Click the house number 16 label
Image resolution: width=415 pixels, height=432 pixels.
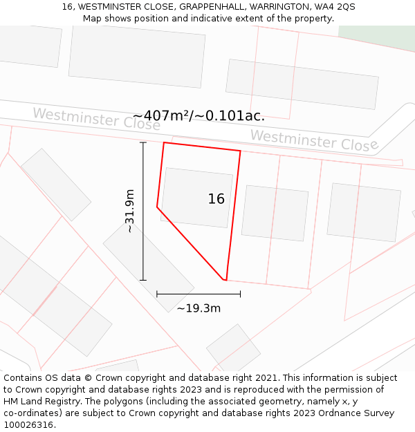(x=216, y=199)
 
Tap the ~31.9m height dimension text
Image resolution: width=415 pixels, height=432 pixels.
(x=129, y=211)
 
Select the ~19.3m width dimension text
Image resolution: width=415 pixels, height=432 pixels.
(x=199, y=308)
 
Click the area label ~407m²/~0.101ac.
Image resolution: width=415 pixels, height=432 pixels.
(x=199, y=115)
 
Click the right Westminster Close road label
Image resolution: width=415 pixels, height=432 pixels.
(x=314, y=140)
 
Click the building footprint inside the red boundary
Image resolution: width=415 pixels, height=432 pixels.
(x=196, y=197)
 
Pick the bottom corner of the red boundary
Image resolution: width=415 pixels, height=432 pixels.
(x=225, y=280)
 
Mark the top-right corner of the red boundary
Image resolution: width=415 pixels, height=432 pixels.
(x=240, y=151)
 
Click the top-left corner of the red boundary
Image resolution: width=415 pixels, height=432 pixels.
(x=164, y=143)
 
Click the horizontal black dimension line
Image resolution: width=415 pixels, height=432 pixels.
(x=199, y=294)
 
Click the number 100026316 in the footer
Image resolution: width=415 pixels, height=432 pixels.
(x=27, y=425)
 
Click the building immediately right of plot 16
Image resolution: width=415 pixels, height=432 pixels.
(x=275, y=213)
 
